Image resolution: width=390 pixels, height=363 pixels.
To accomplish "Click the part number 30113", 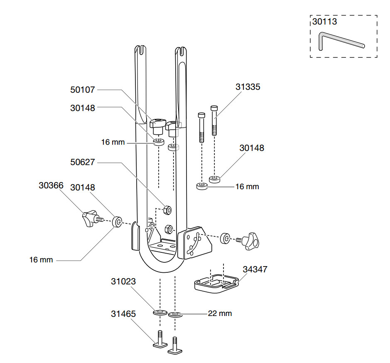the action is tap(325, 22).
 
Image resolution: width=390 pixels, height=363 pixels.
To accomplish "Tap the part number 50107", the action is tap(83, 90).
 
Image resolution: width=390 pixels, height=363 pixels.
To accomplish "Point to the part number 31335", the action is tap(248, 87).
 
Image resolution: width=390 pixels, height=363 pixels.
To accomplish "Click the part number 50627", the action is tap(83, 162).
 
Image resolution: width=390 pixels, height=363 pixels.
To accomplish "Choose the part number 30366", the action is tap(51, 185).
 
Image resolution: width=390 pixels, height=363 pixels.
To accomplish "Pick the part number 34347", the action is tap(255, 269).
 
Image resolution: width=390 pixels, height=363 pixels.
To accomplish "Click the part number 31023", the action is tap(123, 282).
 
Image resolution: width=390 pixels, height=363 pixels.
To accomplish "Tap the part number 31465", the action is tap(123, 314).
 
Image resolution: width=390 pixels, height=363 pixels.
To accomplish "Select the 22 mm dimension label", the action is tap(220, 314).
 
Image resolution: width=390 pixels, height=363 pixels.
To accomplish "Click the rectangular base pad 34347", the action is tap(216, 284).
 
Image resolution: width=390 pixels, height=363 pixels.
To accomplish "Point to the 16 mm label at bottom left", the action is tap(41, 260).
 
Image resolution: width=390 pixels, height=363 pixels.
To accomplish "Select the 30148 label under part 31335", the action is tap(252, 148).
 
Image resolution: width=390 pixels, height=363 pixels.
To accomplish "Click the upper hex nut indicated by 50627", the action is tap(167, 210).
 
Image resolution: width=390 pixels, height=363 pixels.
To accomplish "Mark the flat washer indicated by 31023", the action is tap(160, 312).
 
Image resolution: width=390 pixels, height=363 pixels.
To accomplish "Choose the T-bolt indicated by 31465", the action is tap(160, 340).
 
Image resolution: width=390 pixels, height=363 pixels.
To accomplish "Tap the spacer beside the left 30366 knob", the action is tap(117, 222).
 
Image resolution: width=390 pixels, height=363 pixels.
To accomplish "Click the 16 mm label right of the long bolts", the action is tap(247, 187).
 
